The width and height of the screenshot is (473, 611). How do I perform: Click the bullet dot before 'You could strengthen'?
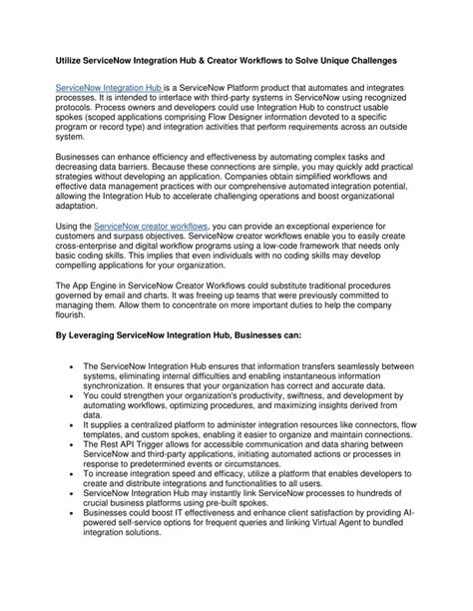pos(77,396)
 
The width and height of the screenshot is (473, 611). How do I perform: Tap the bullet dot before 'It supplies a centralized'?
pos(77,426)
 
